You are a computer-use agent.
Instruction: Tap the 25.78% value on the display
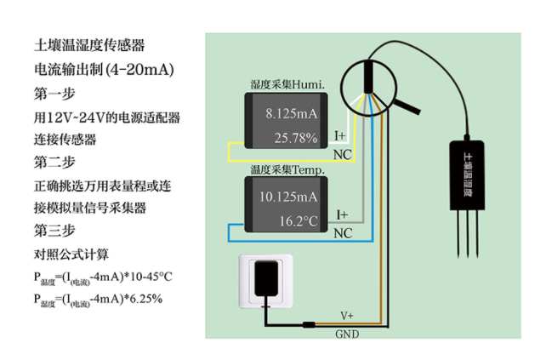click(x=295, y=136)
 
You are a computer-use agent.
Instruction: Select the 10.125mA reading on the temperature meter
click(x=291, y=197)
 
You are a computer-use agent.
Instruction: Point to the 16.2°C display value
click(x=298, y=220)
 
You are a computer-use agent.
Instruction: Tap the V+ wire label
click(x=348, y=316)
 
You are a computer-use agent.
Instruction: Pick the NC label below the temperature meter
click(x=343, y=233)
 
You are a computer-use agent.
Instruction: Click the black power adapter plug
click(x=268, y=277)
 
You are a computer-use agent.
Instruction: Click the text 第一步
click(x=55, y=93)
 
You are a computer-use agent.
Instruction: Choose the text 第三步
click(x=55, y=230)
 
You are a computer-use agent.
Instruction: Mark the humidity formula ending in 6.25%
click(x=97, y=299)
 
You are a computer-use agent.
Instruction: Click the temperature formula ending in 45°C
click(x=103, y=277)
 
